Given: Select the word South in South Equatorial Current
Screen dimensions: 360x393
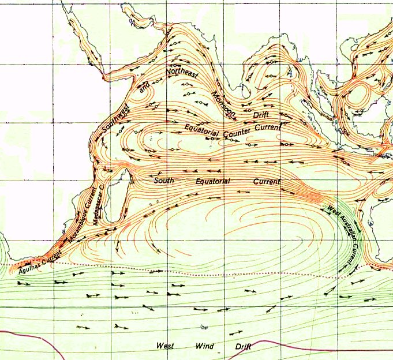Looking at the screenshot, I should pos(163,181).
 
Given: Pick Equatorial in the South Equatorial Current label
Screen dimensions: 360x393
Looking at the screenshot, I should pos(212,181).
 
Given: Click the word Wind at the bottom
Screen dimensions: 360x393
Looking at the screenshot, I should pos(205,346).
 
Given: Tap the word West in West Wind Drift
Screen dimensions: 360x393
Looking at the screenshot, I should pos(166,346).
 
